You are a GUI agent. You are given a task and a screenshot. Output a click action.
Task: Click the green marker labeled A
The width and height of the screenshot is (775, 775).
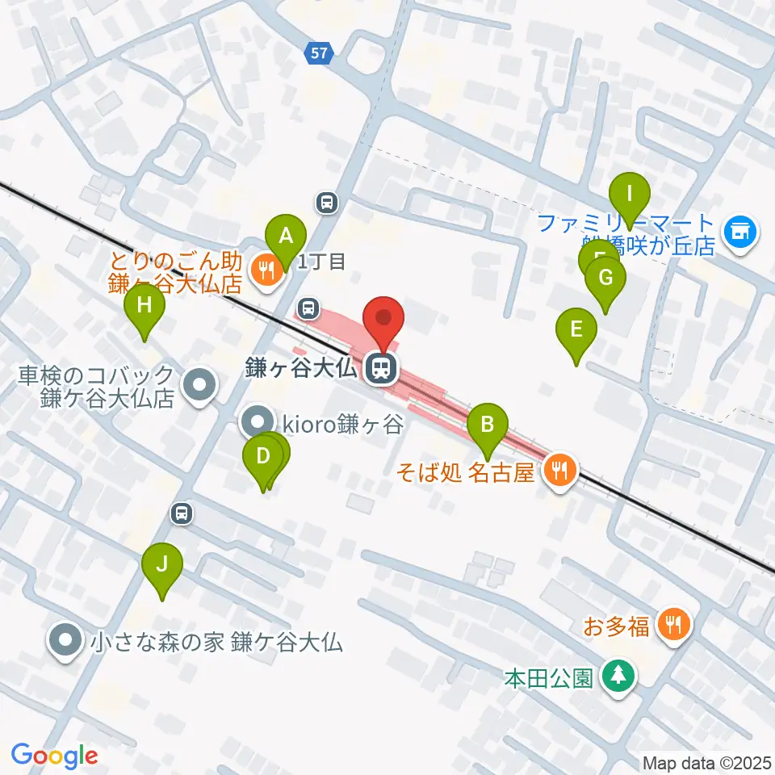click(x=286, y=237)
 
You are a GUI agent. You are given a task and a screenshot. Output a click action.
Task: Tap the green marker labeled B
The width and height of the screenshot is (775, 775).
click(x=487, y=424)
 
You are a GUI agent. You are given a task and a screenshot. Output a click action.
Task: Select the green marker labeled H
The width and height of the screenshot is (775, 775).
click(x=145, y=306)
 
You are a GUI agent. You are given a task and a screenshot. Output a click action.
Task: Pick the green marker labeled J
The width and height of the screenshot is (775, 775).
click(x=162, y=564)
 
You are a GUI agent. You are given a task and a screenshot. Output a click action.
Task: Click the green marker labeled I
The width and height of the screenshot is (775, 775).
click(x=630, y=195)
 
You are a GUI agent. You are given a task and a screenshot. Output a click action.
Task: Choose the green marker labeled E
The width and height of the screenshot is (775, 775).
click(x=576, y=329)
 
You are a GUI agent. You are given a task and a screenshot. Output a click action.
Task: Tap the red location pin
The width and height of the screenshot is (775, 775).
click(x=383, y=318)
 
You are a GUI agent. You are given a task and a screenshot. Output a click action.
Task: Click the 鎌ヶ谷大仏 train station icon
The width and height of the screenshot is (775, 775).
click(x=380, y=368)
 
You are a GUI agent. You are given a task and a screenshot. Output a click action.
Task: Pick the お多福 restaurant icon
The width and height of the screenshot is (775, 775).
click(x=672, y=624)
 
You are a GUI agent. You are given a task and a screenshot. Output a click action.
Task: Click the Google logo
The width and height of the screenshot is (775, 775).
click(x=54, y=756)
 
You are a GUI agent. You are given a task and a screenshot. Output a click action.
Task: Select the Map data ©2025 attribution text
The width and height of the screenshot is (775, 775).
click(x=707, y=762)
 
